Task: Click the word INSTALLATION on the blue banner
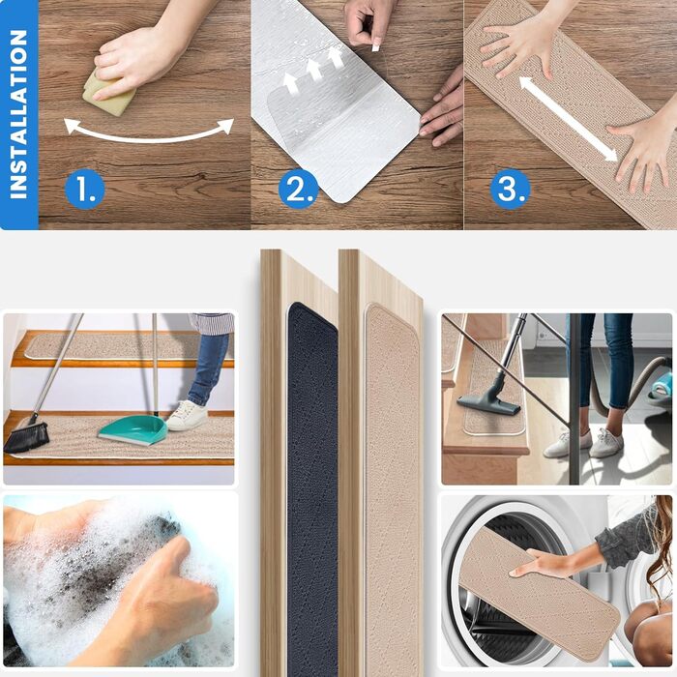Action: [18, 114]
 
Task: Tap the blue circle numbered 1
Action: [85, 190]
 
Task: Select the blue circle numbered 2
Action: [298, 190]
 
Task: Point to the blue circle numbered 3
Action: [511, 190]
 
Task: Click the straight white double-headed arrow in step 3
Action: [568, 119]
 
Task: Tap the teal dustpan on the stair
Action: [133, 428]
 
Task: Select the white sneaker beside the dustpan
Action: [187, 415]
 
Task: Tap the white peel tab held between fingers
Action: [375, 44]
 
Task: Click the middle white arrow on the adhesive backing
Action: [314, 69]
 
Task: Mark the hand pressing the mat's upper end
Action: [518, 46]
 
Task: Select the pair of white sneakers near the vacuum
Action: [583, 443]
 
